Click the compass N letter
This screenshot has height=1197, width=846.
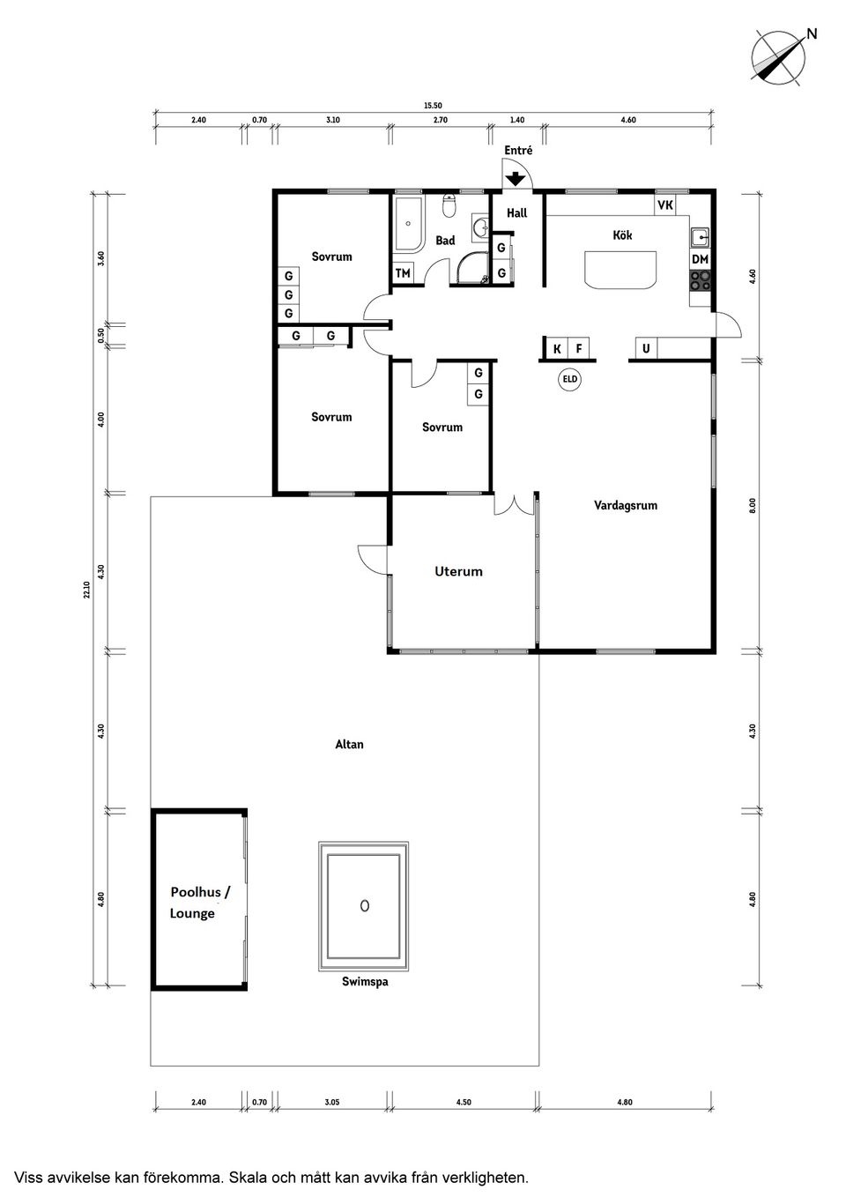[812, 33]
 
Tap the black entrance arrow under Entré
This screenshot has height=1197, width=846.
[516, 178]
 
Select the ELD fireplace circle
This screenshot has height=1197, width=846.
[570, 379]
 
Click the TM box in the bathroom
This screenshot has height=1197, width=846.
[403, 273]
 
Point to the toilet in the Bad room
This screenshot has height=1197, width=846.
[449, 206]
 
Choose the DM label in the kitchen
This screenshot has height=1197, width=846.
[700, 260]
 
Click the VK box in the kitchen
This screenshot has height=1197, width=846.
[665, 204]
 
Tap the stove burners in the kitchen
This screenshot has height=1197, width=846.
[701, 280]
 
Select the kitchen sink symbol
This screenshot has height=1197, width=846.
[701, 236]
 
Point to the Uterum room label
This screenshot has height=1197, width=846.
[458, 571]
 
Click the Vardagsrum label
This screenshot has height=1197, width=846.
[626, 505]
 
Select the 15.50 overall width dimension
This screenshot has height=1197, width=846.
[434, 106]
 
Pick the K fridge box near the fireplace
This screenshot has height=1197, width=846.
[557, 349]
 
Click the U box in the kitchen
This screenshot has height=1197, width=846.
[646, 348]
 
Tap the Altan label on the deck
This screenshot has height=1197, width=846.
[349, 744]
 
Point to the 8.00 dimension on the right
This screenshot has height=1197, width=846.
[753, 505]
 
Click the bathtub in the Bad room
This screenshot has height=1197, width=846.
[408, 223]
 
